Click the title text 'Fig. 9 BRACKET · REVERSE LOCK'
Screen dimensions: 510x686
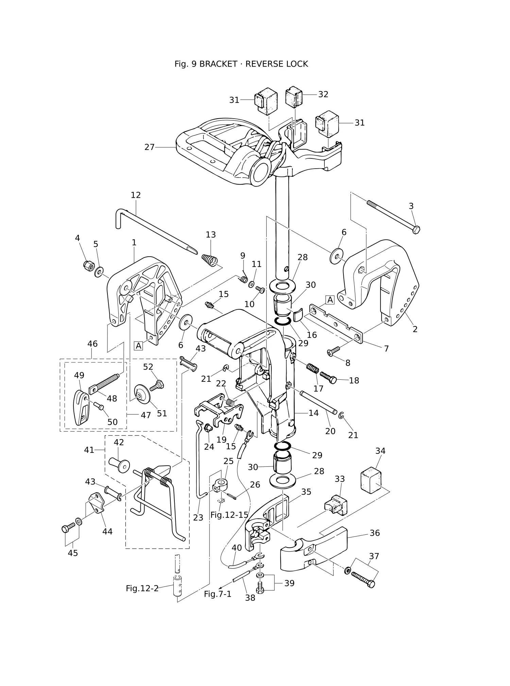(x=241, y=64)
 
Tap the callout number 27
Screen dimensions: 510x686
(x=150, y=147)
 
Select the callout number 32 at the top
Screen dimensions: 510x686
(x=323, y=95)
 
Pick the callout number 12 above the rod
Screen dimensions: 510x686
(x=136, y=195)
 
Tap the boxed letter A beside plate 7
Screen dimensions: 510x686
(x=330, y=300)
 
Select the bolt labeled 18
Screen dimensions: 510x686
(x=328, y=378)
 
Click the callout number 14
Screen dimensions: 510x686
(x=313, y=413)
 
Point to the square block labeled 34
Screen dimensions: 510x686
(x=371, y=479)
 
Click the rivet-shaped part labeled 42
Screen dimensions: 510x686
(x=119, y=465)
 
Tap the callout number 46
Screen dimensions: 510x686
(x=92, y=344)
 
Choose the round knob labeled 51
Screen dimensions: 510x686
(x=143, y=394)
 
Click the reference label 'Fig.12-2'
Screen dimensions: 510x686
(x=142, y=588)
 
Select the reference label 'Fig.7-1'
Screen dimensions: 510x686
(x=218, y=594)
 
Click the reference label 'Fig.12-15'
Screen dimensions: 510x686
(x=230, y=515)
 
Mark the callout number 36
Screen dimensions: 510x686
(x=375, y=533)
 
